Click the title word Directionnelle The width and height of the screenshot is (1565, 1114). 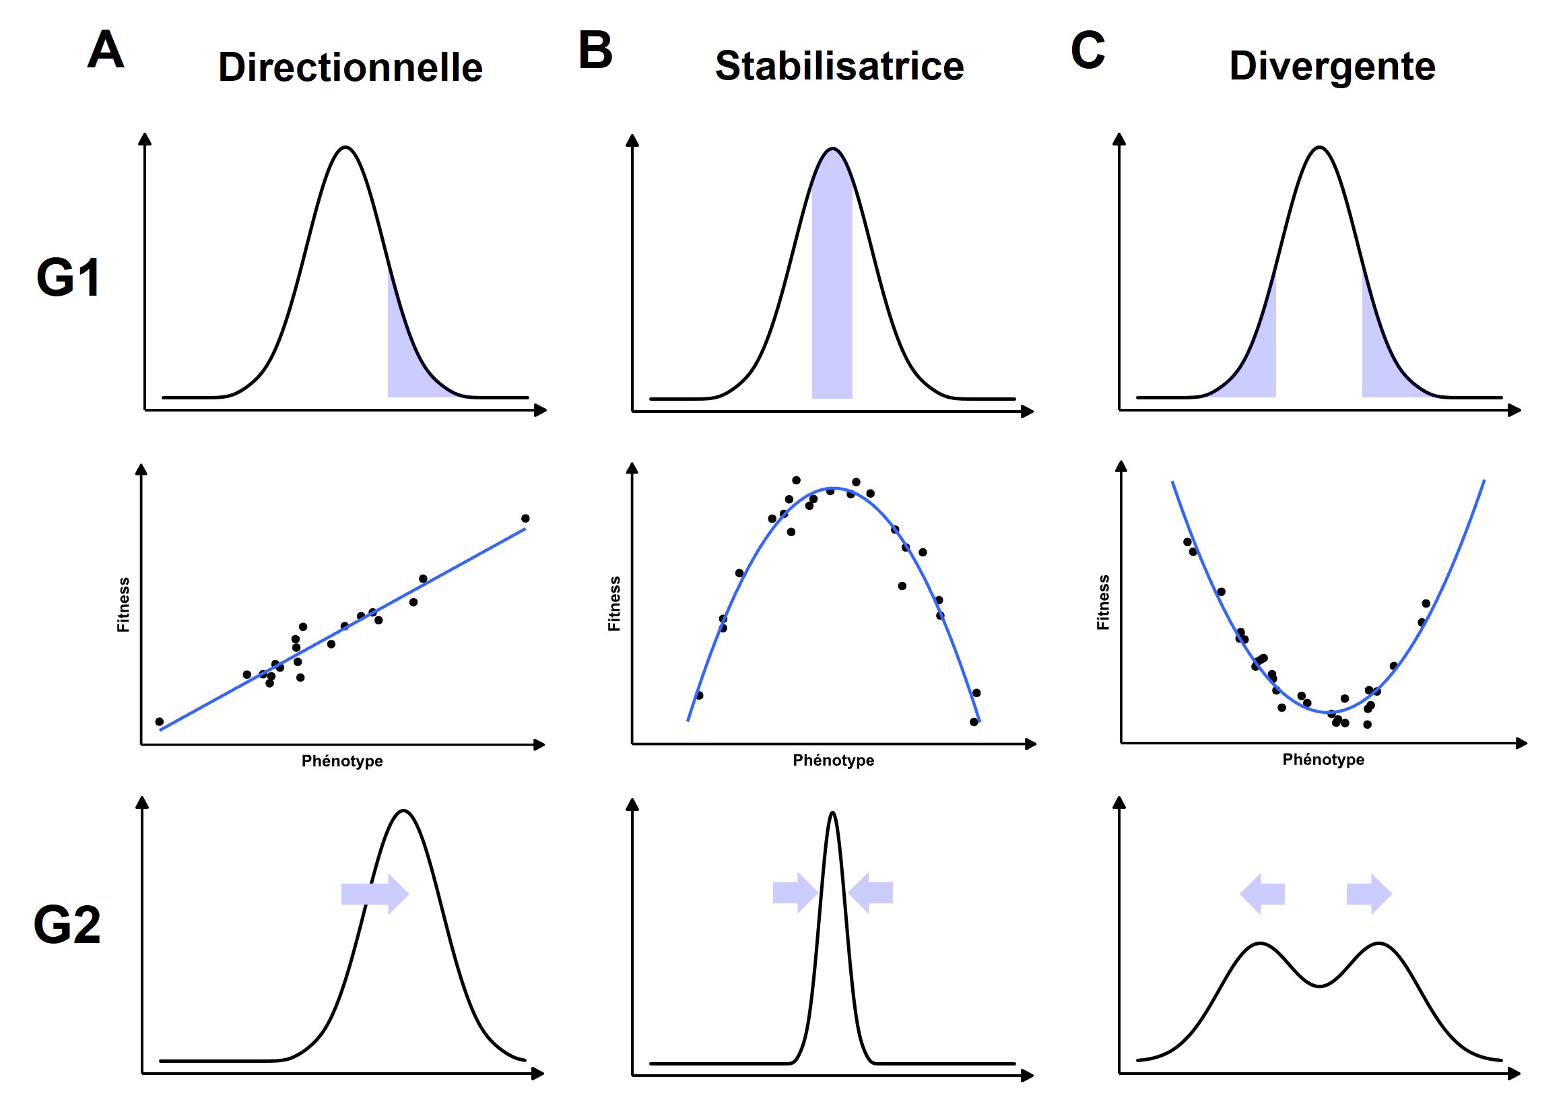point(350,67)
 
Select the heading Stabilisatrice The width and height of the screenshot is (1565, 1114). point(839,66)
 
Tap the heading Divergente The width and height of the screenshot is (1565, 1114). point(1332,66)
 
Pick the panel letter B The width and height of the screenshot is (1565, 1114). point(595,50)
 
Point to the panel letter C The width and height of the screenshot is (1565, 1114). point(1088,50)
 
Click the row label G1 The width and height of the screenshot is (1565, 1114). point(68,277)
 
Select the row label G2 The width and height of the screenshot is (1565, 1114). point(67,925)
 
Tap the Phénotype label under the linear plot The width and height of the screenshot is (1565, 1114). point(342,760)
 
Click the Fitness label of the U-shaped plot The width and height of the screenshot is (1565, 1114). point(1103,602)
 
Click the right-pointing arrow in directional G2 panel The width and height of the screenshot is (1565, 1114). point(375,894)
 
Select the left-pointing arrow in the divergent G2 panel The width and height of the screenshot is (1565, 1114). point(1262,894)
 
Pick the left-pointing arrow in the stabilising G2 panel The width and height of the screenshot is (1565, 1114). point(870,892)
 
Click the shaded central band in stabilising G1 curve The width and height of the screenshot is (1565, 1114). point(832,288)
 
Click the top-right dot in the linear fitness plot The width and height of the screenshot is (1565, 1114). point(525,519)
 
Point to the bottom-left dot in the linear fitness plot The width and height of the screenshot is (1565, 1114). point(160,721)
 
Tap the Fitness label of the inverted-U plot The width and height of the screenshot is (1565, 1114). point(613,603)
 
